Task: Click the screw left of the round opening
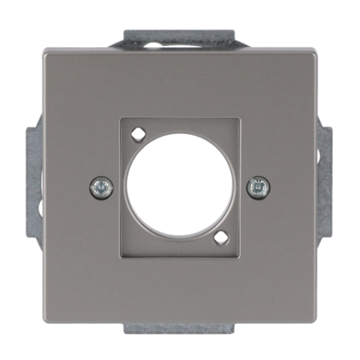pos(102,187)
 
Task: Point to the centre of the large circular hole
pos(180,187)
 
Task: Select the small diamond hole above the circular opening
pos(139,132)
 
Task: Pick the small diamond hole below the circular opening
pos(221,238)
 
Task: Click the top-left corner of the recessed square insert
pos(121,117)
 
